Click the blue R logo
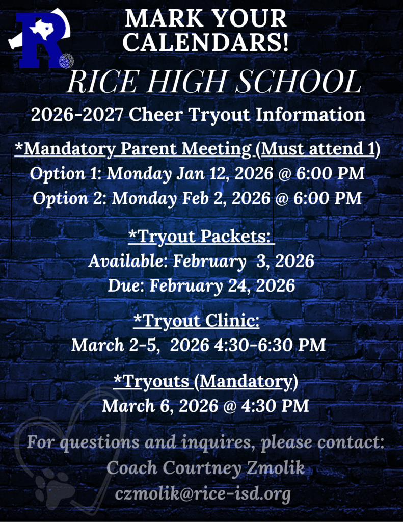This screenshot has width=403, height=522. [40, 41]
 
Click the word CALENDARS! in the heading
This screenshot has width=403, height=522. [206, 41]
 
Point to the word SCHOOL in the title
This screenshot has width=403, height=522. [304, 82]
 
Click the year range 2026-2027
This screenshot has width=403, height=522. [77, 115]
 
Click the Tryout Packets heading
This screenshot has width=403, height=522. [201, 237]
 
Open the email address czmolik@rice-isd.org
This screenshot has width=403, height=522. [203, 494]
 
